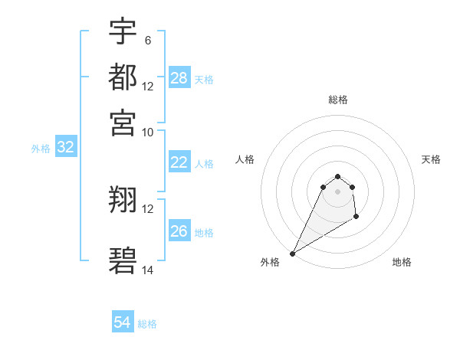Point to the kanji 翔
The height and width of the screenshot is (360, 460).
click(123, 201)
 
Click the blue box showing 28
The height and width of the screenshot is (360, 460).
click(179, 77)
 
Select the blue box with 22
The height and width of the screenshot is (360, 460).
click(179, 162)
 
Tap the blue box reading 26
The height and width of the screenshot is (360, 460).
click(179, 231)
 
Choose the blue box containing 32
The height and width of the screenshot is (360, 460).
click(65, 148)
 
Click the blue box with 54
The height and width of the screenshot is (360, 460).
click(123, 322)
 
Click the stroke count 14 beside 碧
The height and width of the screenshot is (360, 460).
click(147, 270)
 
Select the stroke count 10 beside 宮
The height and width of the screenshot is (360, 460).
click(147, 132)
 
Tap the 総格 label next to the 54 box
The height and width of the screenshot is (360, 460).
click(147, 324)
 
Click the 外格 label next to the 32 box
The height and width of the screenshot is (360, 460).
click(40, 149)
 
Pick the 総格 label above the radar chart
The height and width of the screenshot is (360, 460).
click(337, 100)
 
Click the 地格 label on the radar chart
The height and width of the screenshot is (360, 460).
click(402, 262)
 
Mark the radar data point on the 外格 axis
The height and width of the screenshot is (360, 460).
click(292, 254)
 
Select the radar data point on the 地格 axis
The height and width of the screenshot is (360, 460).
click(356, 218)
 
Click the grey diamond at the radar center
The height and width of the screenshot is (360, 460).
click(337, 191)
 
